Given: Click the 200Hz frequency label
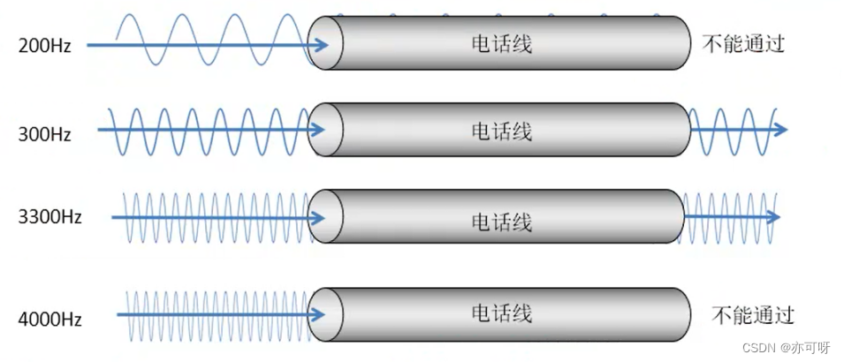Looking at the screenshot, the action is pos(43,45).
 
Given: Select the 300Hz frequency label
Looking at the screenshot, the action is pos(44,134).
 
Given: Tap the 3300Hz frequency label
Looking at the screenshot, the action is pos(49,217).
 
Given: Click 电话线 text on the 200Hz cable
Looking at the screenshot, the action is pos(501,43).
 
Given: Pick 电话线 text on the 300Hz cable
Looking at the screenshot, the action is pos(501,132).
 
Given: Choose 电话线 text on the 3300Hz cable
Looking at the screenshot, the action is pos(501,220).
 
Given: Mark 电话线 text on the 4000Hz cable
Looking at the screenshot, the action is pos(501,313).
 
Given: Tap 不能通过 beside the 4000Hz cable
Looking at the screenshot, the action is pos(752,315).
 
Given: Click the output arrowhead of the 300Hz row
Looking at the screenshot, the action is pos(779,130).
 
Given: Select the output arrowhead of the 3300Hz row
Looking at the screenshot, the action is pos(773,216).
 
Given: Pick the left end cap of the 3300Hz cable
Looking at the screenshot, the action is pos(323,217).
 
